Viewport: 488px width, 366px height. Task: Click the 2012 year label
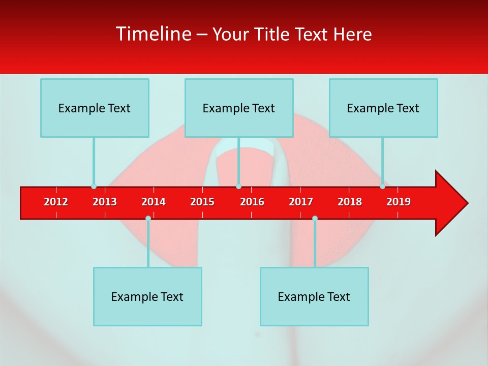click(x=56, y=202)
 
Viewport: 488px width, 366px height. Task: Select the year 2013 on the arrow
click(x=105, y=202)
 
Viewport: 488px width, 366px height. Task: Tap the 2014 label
click(x=154, y=202)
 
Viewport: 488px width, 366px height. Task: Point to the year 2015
click(x=202, y=202)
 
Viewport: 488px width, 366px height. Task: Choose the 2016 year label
click(x=252, y=202)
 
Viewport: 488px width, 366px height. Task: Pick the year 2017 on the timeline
click(x=301, y=202)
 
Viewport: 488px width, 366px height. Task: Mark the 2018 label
click(x=350, y=202)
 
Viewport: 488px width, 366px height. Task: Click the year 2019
click(x=399, y=202)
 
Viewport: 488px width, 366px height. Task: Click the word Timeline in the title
click(x=152, y=34)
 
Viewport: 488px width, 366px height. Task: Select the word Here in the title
click(x=352, y=34)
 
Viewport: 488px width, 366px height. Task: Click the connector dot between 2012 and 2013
click(x=94, y=187)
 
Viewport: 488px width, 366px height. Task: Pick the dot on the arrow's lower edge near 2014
click(x=148, y=219)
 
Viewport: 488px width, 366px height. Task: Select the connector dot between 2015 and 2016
click(x=238, y=187)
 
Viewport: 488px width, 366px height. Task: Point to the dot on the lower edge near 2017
click(x=315, y=219)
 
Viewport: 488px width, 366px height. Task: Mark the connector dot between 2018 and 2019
click(x=382, y=187)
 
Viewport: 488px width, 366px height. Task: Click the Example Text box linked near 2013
click(x=95, y=108)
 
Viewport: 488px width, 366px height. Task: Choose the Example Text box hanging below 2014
click(x=147, y=296)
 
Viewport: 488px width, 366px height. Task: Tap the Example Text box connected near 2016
click(x=239, y=108)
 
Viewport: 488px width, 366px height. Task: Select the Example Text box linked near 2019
click(x=383, y=108)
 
